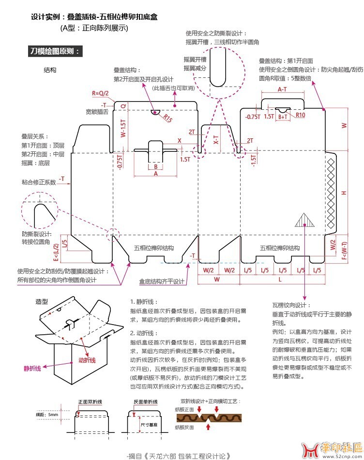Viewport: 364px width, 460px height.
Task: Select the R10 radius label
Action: [x=300, y=115]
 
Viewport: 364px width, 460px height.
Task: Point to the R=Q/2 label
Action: [x=100, y=93]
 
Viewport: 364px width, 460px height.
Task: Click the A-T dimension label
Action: [x=282, y=89]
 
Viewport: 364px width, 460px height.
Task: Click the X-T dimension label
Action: [x=216, y=140]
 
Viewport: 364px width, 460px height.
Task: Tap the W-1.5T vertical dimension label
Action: [x=124, y=128]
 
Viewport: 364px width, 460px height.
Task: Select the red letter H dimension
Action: [x=344, y=193]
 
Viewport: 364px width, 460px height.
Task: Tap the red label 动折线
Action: [x=87, y=360]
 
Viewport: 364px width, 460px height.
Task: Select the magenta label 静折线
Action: [x=32, y=369]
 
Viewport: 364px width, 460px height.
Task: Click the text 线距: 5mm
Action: [x=47, y=415]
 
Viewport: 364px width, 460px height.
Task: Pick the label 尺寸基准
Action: [x=149, y=424]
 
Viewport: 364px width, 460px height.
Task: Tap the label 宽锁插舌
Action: [x=96, y=112]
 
